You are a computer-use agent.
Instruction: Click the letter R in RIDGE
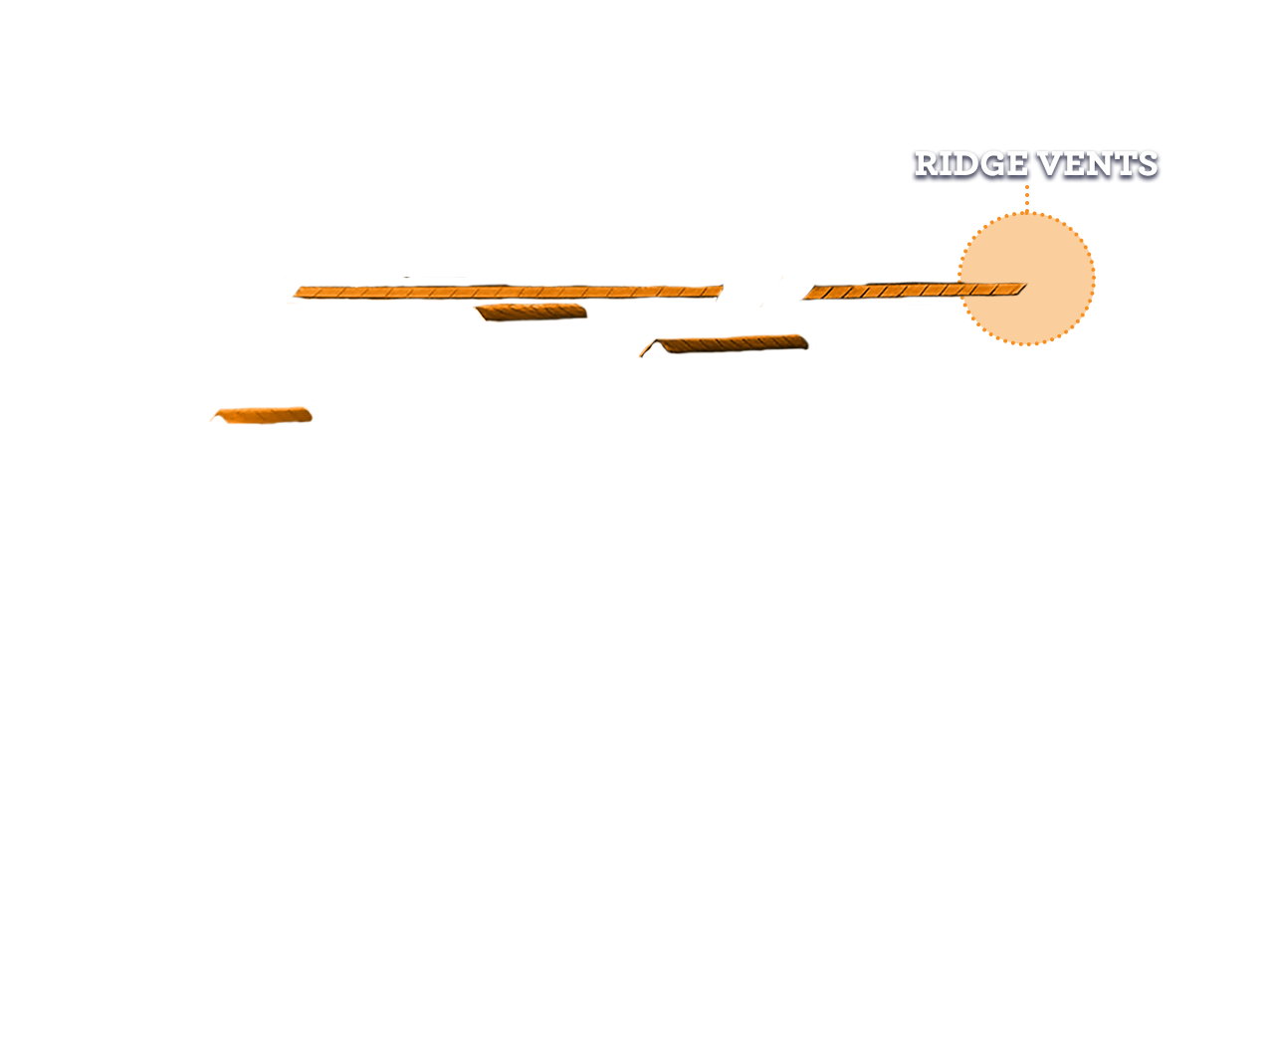point(929,164)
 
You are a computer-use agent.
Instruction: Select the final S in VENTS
point(1145,164)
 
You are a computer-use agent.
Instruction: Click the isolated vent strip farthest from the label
point(262,417)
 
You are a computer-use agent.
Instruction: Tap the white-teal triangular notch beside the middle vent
point(651,355)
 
